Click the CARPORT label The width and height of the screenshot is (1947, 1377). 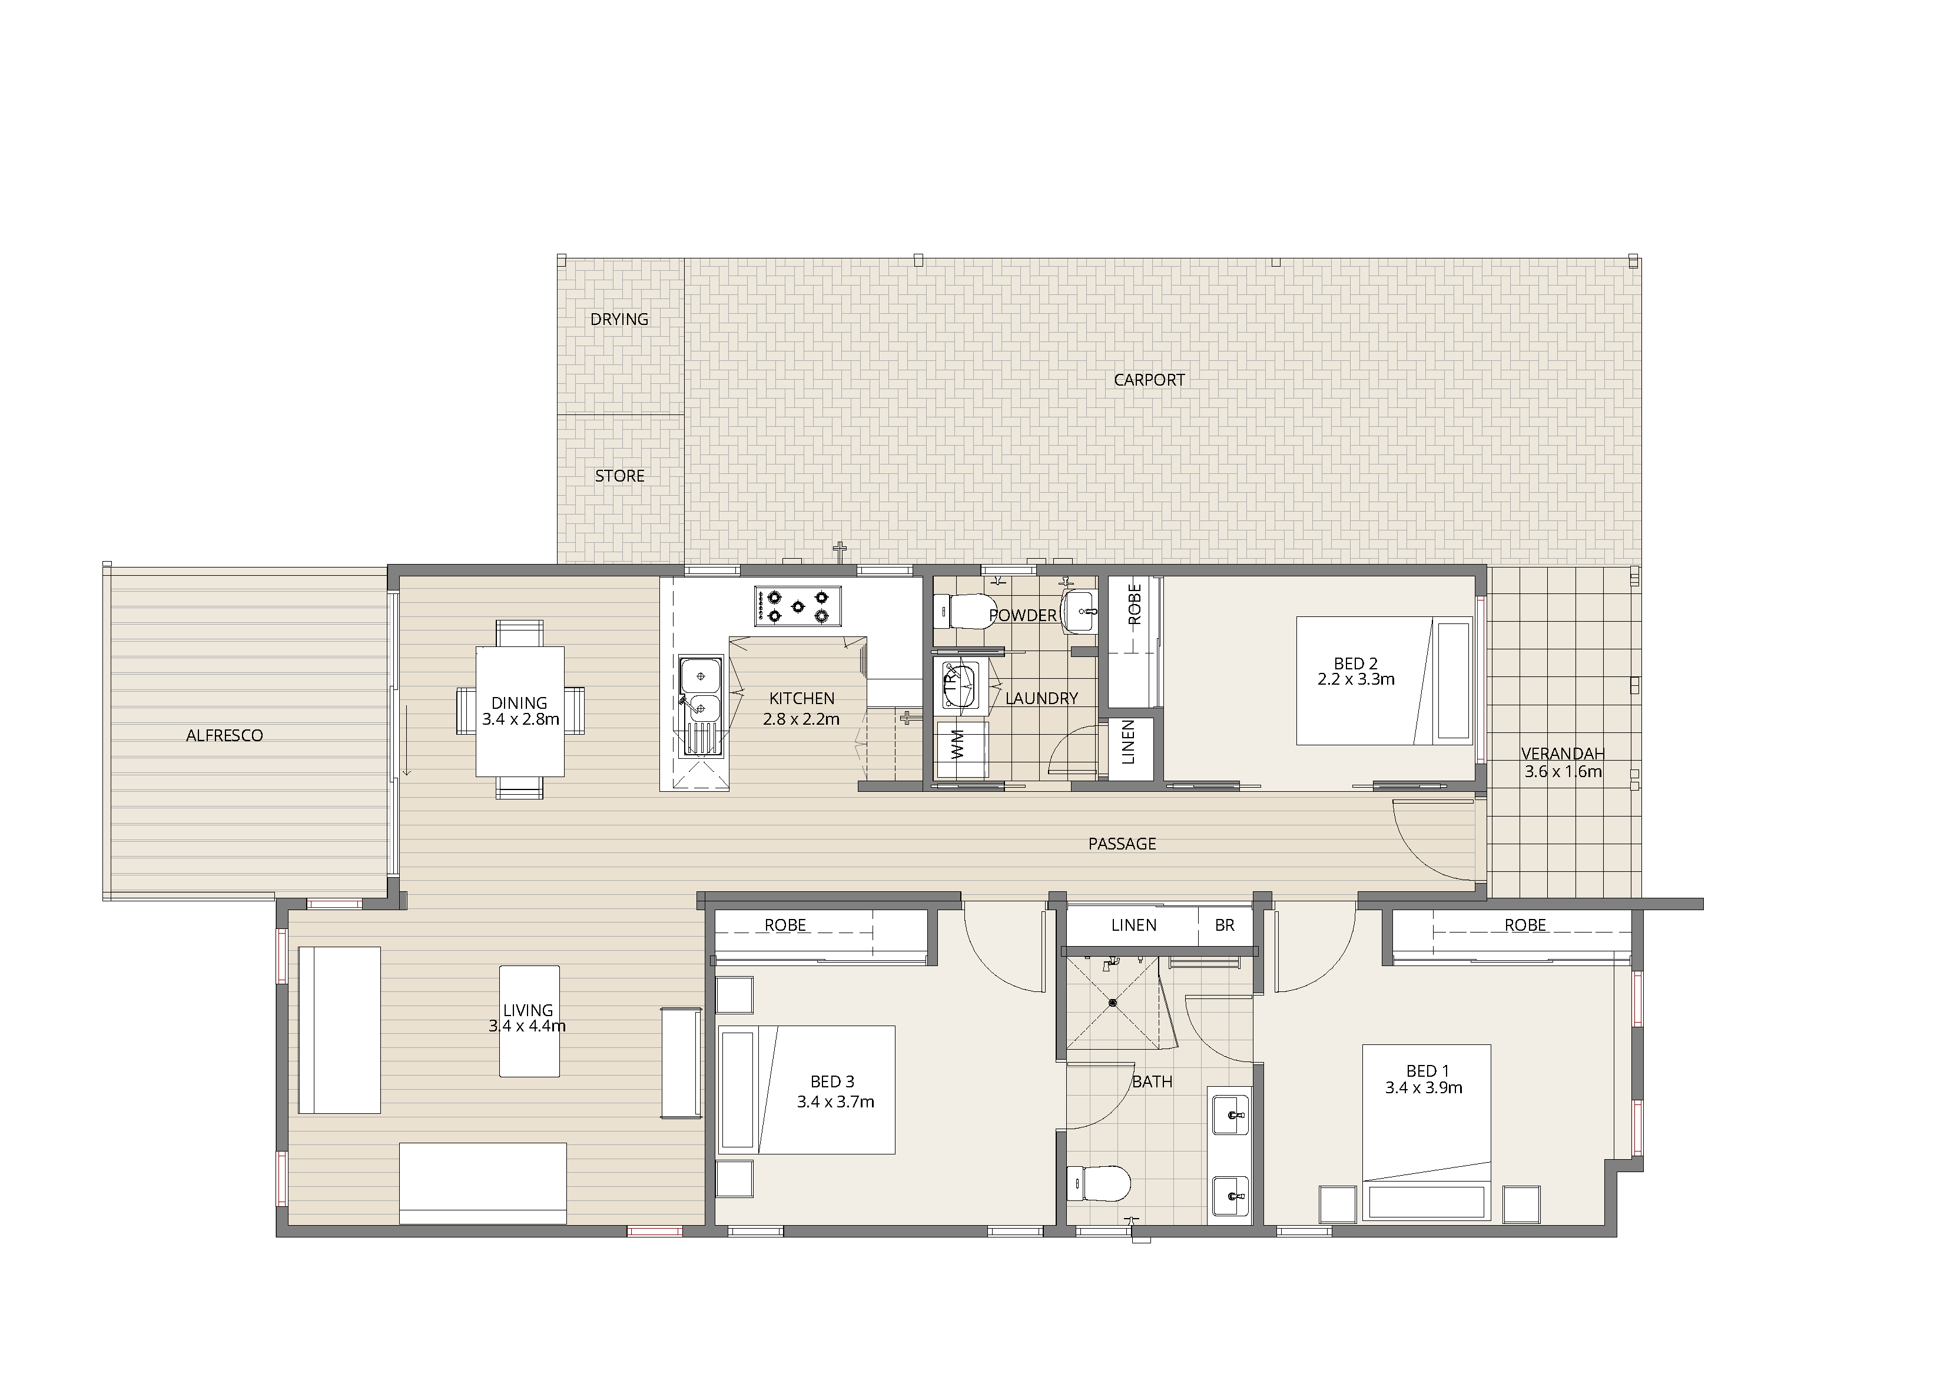[x=1149, y=380]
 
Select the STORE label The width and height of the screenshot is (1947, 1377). [x=620, y=476]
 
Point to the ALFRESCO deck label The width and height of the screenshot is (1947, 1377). [x=225, y=735]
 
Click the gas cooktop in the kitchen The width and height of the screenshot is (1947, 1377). [x=797, y=605]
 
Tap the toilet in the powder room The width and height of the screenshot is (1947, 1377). [x=963, y=610]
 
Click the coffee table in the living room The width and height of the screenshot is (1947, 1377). [x=529, y=1021]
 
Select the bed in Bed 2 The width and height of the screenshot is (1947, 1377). [x=1384, y=681]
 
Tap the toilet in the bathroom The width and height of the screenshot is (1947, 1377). [x=1099, y=1183]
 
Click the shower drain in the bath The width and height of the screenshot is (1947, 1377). [x=1113, y=1002]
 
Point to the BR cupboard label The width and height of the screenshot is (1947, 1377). [x=1225, y=925]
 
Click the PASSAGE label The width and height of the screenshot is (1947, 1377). [x=1122, y=844]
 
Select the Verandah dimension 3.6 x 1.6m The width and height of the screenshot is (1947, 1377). [x=1563, y=772]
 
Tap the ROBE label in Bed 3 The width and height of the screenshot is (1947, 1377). [x=785, y=925]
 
